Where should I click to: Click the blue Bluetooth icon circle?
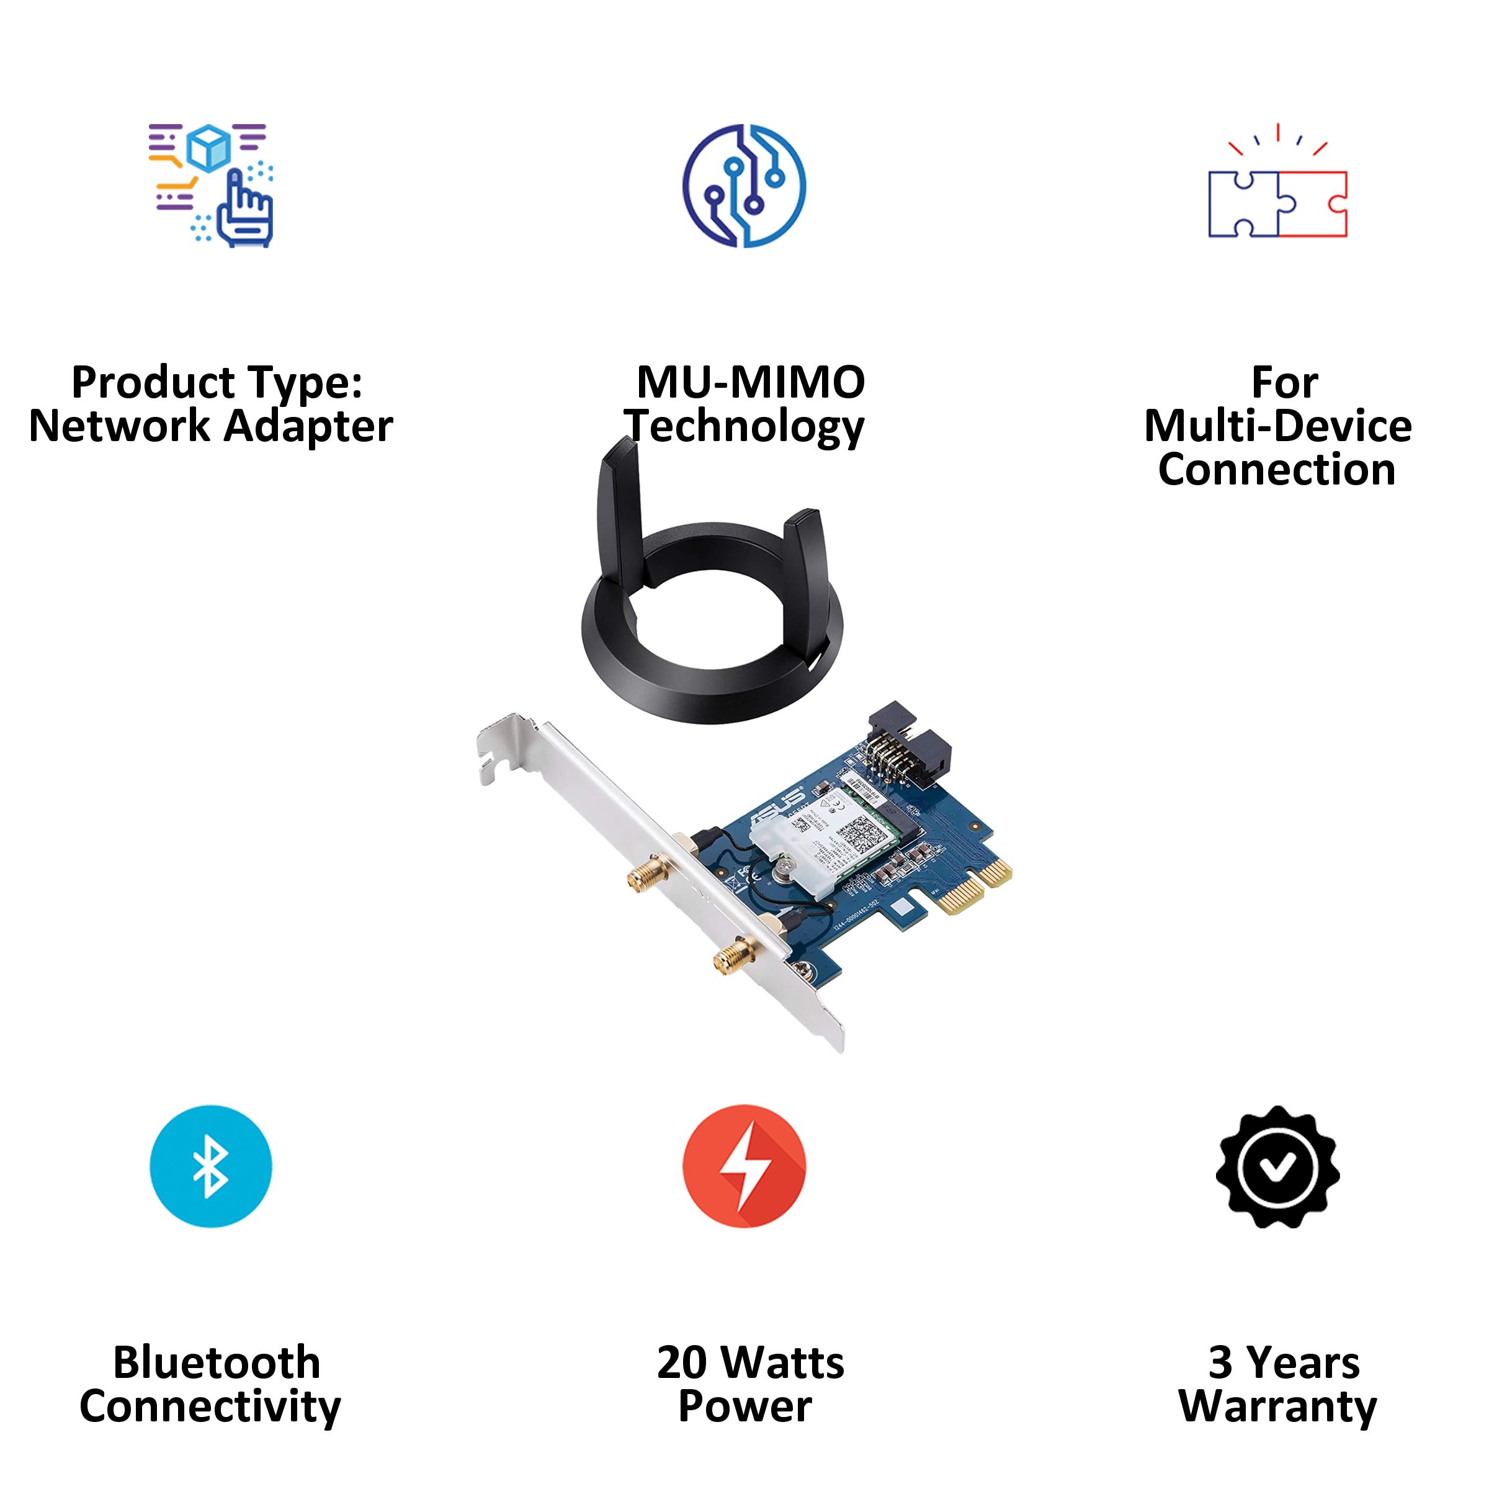210,1166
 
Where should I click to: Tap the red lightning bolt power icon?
744,1166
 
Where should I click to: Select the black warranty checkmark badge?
1277,1166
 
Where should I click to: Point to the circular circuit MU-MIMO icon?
744,186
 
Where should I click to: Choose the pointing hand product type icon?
210,186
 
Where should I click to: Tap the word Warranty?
1277,1406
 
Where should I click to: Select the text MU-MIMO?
750,382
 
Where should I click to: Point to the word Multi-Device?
1277,426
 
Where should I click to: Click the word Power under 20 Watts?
744,1406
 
